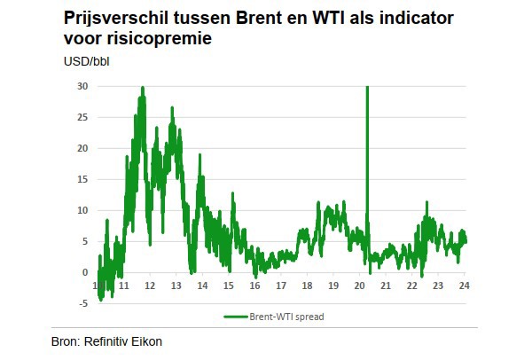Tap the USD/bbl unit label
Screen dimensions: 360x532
pos(86,62)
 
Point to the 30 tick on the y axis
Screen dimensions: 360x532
pos(82,86)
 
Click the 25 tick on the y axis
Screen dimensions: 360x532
pos(82,117)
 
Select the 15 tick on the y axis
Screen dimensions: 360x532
pos(82,179)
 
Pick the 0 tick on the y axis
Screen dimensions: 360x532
pos(85,272)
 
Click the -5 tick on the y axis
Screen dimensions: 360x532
pos(83,303)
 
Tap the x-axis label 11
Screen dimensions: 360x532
pos(125,286)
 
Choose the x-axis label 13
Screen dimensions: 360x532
pos(176,286)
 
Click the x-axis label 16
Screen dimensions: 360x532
pos(254,286)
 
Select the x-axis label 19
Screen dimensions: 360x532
pos(333,286)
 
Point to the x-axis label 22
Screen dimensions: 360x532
pos(411,286)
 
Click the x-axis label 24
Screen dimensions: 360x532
pos(464,286)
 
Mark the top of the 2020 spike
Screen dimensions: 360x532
pos(367,87)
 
